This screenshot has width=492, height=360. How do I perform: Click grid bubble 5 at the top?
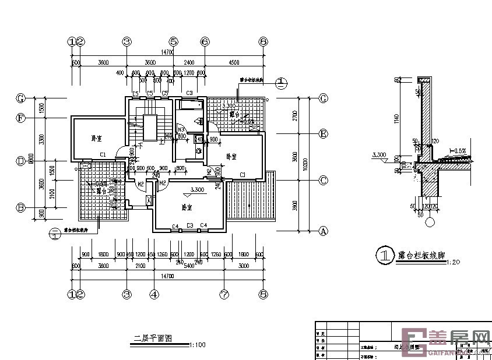pyautogui.click(x=173, y=42)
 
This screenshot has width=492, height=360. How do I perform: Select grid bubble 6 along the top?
pyautogui.click(x=205, y=42)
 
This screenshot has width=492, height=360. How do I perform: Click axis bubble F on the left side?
pyautogui.click(x=20, y=118)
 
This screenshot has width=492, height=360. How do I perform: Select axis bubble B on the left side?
pyautogui.click(x=20, y=207)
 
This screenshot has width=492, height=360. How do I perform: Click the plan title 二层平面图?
pyautogui.click(x=153, y=338)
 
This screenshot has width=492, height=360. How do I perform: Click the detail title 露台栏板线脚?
pyautogui.click(x=421, y=255)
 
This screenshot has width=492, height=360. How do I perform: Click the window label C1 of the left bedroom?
pyautogui.click(x=102, y=154)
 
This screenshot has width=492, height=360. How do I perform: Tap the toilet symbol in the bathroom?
pyautogui.click(x=199, y=122)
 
